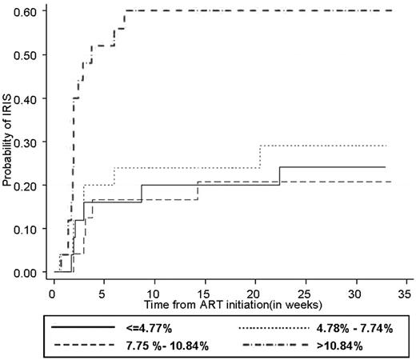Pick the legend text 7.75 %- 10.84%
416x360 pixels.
[x=165, y=346]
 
